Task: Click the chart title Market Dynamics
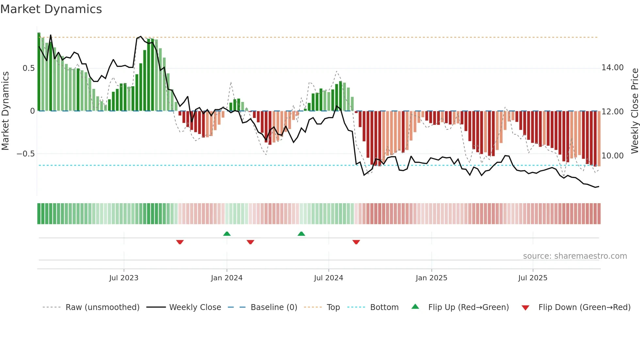click(51, 9)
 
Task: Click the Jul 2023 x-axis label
click(124, 278)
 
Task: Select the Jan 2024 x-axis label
click(227, 278)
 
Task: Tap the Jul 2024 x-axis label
click(328, 278)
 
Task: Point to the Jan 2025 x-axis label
click(431, 278)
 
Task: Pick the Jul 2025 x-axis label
click(533, 278)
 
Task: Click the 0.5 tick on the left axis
click(28, 68)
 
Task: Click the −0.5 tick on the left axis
click(26, 154)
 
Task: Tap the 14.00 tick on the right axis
click(613, 68)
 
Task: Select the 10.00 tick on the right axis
click(613, 156)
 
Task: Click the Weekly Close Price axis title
click(634, 111)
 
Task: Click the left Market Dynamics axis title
click(5, 111)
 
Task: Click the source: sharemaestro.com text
click(575, 256)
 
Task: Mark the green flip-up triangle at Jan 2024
click(227, 234)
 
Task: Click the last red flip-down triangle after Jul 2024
click(356, 242)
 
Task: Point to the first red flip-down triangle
click(180, 242)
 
